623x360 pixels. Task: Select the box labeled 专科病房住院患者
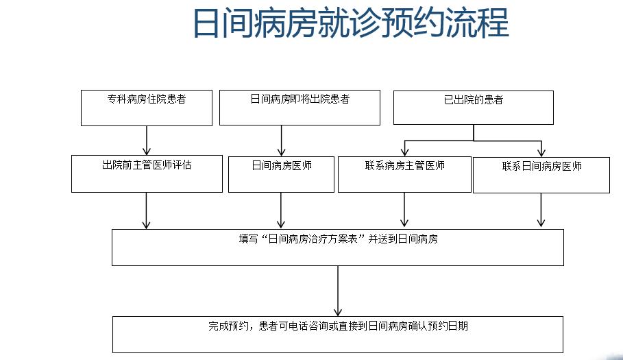(x=146, y=108)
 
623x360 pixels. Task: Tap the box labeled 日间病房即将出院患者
(x=300, y=108)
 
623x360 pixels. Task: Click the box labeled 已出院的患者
(x=473, y=108)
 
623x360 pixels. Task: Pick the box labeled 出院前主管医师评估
(x=147, y=173)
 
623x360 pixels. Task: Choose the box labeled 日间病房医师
(x=281, y=174)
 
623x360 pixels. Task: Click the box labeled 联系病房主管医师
(x=404, y=174)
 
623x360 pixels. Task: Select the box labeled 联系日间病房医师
(x=541, y=175)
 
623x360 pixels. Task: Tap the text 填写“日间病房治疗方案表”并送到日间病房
(x=338, y=240)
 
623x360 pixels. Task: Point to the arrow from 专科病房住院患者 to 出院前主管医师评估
(x=147, y=141)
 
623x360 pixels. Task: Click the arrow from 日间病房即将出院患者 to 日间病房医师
(x=282, y=141)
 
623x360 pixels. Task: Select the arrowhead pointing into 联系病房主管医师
(x=405, y=152)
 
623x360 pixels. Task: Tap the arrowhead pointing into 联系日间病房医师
(x=541, y=152)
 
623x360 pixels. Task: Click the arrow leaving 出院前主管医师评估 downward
(x=147, y=210)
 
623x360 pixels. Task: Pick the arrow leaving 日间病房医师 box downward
(x=281, y=210)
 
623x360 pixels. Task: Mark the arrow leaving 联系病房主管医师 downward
(x=404, y=209)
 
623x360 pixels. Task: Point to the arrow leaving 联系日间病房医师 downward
(x=541, y=210)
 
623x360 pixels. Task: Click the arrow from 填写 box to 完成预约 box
(x=338, y=291)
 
